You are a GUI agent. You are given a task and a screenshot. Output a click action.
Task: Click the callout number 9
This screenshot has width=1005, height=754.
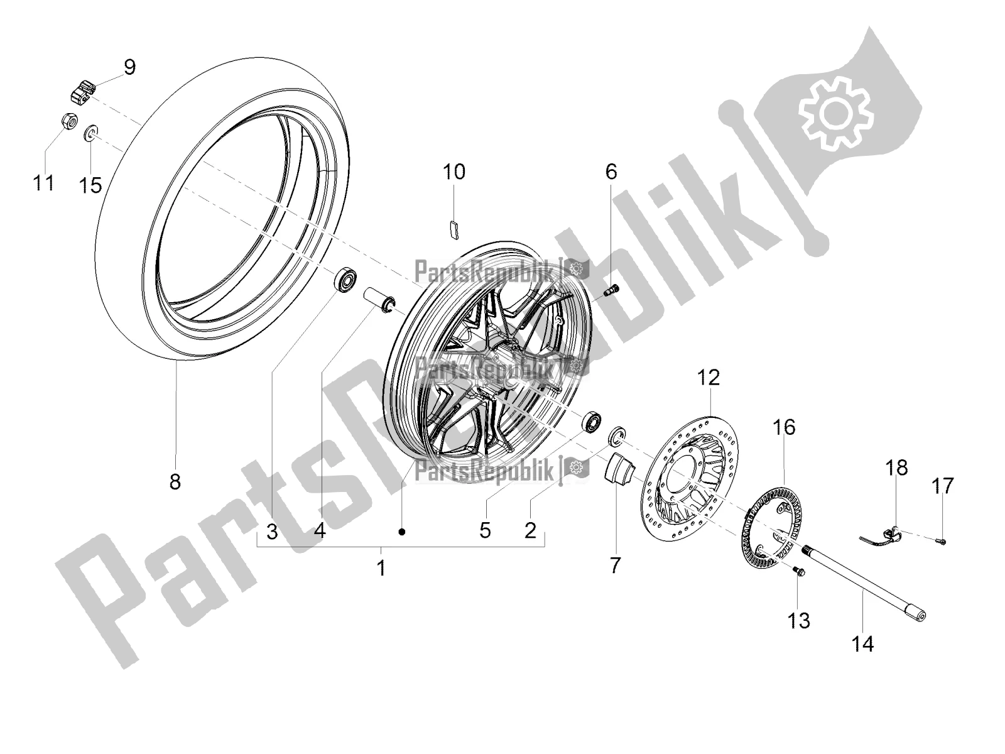pyautogui.click(x=130, y=67)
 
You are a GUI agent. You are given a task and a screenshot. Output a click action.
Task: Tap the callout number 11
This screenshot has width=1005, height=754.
pyautogui.click(x=44, y=183)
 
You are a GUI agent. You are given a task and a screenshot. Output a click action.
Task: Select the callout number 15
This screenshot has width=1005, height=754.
pyautogui.click(x=90, y=185)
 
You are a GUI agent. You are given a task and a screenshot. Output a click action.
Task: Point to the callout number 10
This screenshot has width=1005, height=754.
pyautogui.click(x=454, y=172)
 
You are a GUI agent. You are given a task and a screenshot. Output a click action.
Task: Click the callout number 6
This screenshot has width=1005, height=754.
pyautogui.click(x=611, y=172)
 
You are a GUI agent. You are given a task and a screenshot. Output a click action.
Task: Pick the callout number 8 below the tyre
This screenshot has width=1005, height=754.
pyautogui.click(x=175, y=481)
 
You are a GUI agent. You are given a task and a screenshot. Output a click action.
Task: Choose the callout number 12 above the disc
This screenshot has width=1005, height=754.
pyautogui.click(x=709, y=378)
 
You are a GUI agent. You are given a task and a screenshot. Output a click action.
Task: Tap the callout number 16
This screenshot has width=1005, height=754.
pyautogui.click(x=785, y=427)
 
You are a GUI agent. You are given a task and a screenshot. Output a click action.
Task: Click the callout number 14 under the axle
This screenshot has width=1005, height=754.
pyautogui.click(x=862, y=643)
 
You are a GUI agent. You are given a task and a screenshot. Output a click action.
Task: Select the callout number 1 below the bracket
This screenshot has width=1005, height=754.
pyautogui.click(x=381, y=569)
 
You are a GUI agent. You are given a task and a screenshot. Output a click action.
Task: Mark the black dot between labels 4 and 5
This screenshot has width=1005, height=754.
pyautogui.click(x=402, y=532)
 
